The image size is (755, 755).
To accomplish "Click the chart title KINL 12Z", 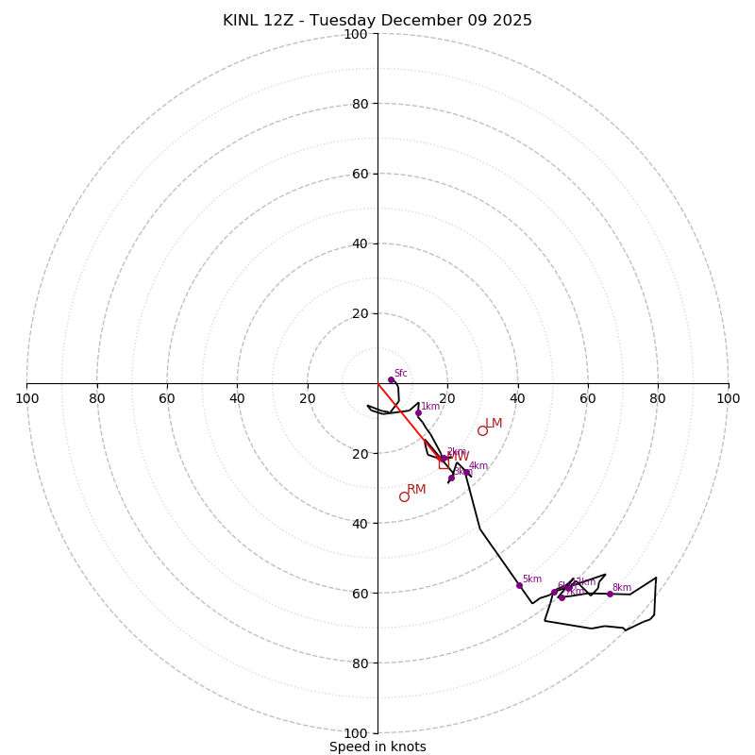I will pos(377,21).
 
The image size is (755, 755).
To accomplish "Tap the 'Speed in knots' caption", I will pos(377,747).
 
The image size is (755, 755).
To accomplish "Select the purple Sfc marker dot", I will pos(391,379).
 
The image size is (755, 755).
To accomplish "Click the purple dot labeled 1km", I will pos(418,412).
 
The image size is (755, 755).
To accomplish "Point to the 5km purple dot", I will pos(519,585).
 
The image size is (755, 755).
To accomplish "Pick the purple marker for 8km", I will pos(610,594).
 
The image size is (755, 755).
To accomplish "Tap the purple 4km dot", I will pos(466,472).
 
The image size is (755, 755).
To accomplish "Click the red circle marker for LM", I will pos(482,430).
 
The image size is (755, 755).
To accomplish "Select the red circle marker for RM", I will pos(404,496).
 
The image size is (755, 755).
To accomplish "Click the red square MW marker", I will pos(444,463).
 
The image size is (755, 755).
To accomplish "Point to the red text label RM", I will pos(416,489).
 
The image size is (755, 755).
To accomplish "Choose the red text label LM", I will pos(494,423).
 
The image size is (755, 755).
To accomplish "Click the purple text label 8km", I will pos(621,587).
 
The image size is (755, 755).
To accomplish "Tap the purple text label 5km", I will pos(531,579).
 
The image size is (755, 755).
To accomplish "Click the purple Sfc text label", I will pos(400,373).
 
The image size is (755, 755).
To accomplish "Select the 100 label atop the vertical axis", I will pos(356,34).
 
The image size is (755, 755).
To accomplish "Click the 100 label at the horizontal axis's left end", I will pos(26,398).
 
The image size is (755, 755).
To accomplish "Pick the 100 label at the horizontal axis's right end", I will pos(728,398).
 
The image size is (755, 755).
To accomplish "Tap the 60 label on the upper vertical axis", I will pos(360,174).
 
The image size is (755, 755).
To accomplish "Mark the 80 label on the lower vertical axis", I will pos(360,663).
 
